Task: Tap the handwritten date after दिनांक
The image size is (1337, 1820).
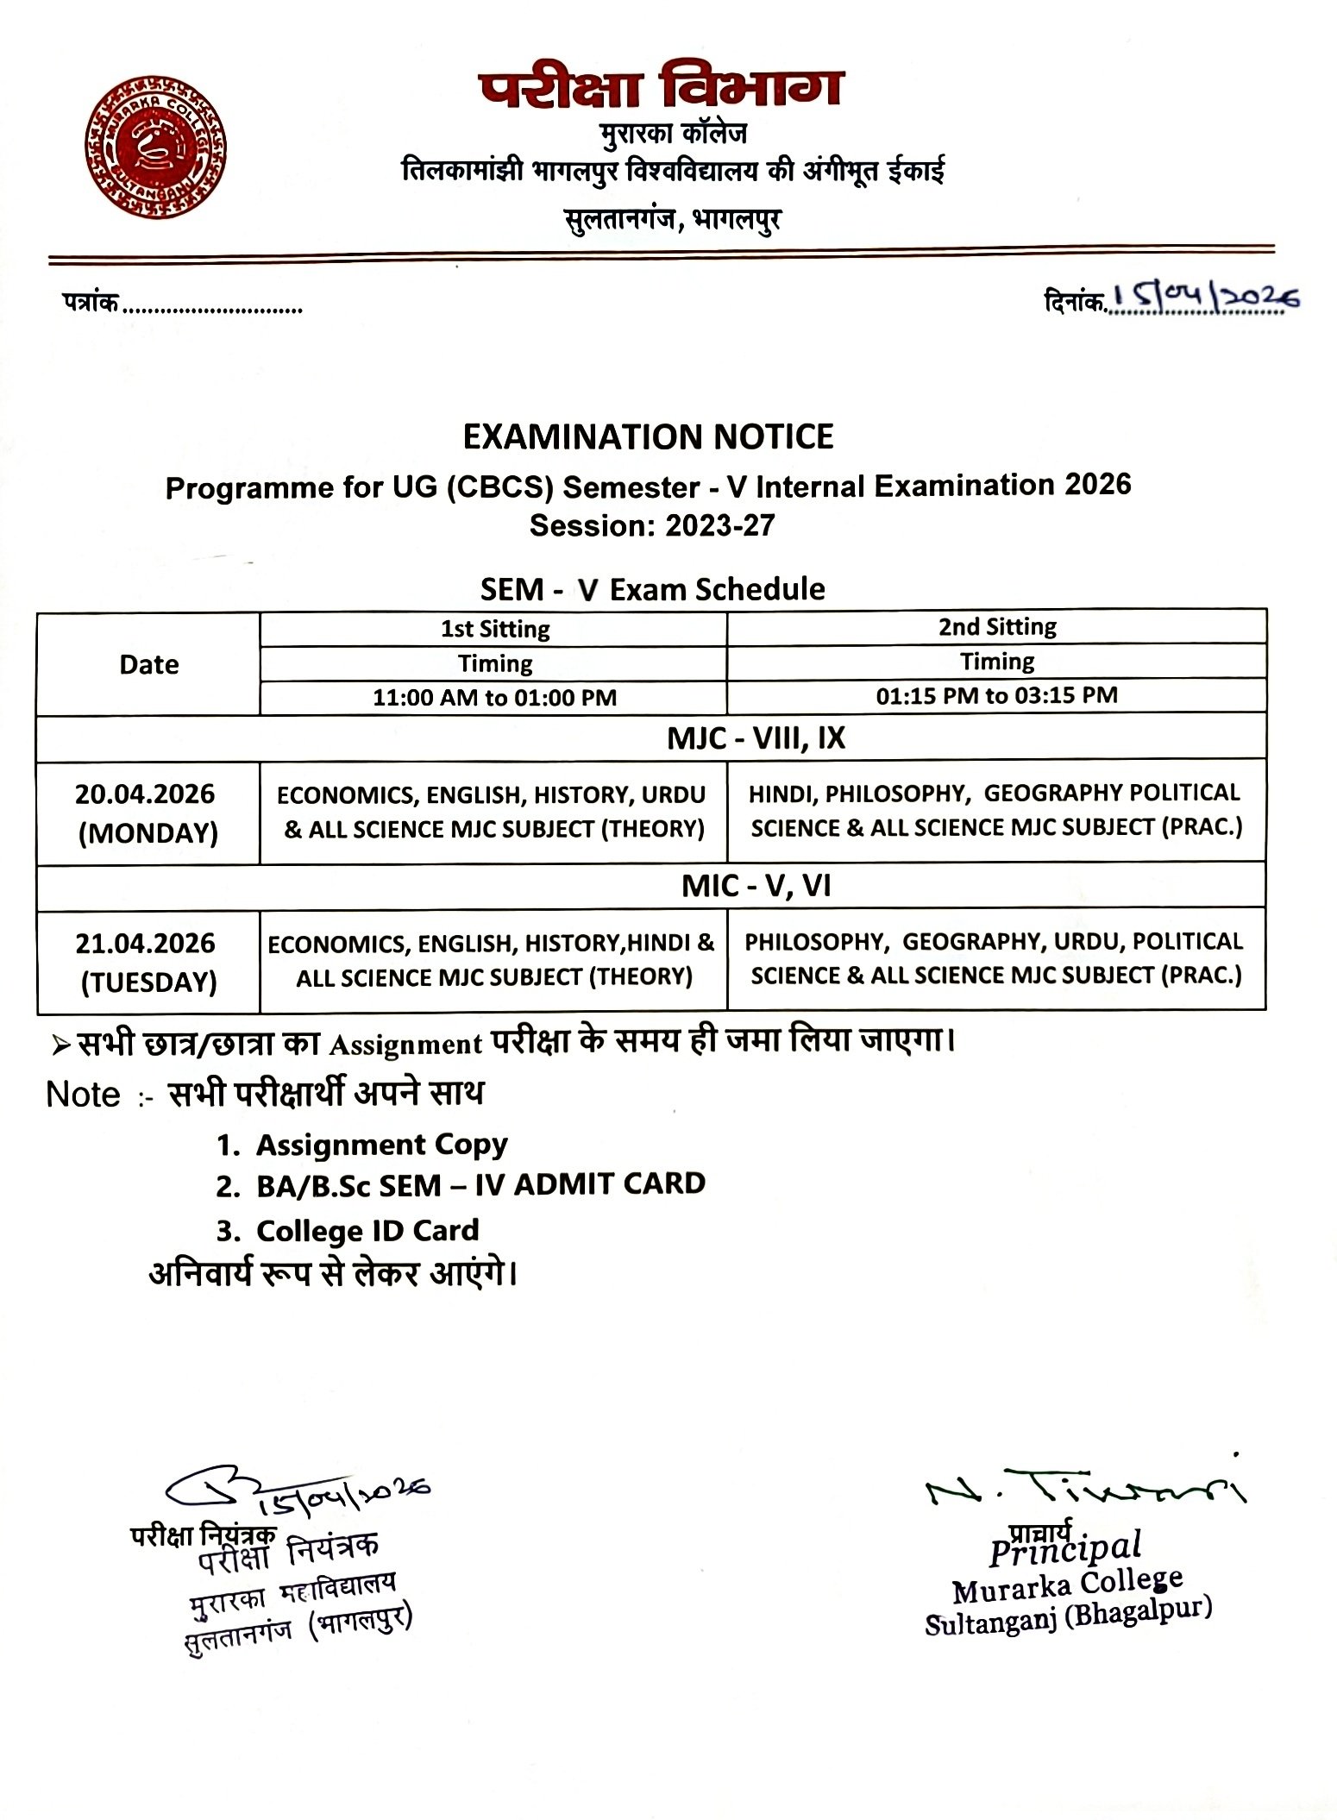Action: [1204, 298]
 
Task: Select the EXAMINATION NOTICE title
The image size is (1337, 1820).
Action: [648, 437]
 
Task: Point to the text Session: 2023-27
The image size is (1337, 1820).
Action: [652, 525]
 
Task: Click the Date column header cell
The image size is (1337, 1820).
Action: [148, 664]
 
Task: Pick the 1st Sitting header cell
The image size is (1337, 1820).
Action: [494, 629]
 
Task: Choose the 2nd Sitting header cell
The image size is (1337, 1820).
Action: [997, 627]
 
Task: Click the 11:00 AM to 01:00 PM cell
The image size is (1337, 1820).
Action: [494, 697]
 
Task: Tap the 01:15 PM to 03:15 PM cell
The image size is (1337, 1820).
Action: [997, 695]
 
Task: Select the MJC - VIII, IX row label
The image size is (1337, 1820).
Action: [756, 738]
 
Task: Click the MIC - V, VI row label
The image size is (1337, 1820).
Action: [756, 887]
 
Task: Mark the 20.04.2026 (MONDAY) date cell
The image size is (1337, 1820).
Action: [147, 813]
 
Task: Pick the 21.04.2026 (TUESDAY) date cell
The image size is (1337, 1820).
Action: [147, 962]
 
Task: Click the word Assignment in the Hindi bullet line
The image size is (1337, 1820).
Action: [405, 1045]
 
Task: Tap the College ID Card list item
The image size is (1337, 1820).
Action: [367, 1230]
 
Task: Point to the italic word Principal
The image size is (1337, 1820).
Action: [1066, 1550]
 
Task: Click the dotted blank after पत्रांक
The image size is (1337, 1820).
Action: [212, 306]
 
